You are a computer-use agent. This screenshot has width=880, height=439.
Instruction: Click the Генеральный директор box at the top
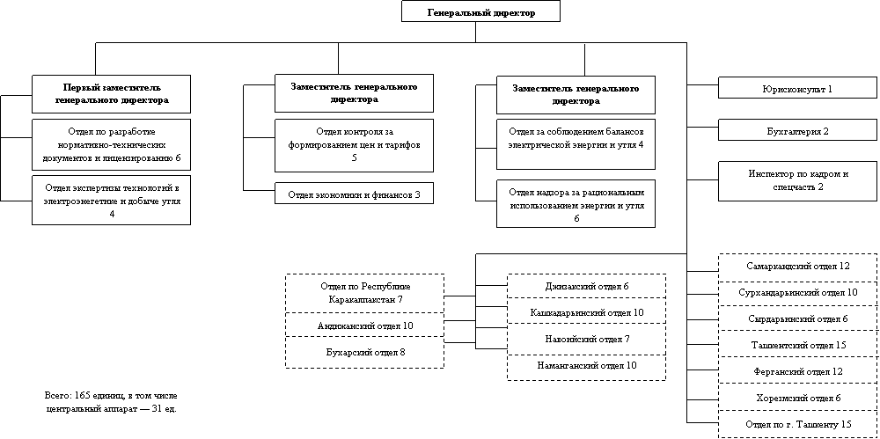coord(480,12)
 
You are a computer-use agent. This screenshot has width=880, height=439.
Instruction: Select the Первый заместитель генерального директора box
coord(112,94)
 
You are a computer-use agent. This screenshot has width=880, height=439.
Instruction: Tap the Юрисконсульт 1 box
coord(798,89)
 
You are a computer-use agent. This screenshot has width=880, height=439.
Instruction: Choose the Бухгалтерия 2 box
coord(798,131)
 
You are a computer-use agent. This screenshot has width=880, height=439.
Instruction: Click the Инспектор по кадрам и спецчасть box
coord(798,180)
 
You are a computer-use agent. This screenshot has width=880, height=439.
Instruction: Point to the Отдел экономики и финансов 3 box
coord(354,194)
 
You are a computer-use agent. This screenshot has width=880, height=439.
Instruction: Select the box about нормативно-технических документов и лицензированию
coord(112,144)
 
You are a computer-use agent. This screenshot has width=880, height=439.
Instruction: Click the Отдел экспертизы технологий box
coord(112,200)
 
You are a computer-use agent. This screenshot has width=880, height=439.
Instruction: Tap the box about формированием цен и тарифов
coord(354,145)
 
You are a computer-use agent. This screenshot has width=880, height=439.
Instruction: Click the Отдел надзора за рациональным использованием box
coord(576,204)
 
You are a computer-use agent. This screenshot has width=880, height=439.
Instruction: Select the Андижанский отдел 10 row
coord(365,326)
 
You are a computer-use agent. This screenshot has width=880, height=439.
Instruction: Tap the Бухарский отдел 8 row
coord(365,352)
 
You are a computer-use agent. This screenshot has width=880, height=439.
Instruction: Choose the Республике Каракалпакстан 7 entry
coord(365,293)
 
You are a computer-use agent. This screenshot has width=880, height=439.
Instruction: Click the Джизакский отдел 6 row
coord(587,287)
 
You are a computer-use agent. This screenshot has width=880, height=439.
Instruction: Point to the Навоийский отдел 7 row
coord(587,339)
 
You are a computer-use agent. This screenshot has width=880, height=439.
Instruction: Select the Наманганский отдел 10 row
coord(587,365)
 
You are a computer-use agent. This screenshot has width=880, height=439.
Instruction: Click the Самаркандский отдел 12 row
coord(798,266)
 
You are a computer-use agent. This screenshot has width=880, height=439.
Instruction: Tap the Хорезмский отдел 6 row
coord(798,399)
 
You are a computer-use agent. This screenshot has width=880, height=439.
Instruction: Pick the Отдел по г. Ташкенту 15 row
coord(798,425)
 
